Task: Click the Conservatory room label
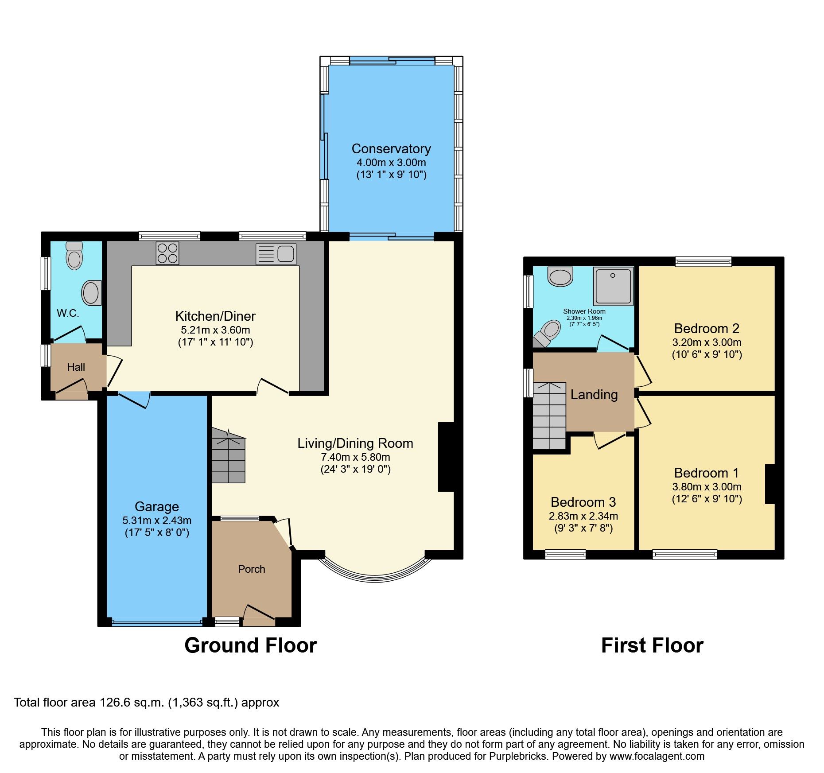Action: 391,149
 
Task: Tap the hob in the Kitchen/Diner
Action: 167,253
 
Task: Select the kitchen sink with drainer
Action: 276,254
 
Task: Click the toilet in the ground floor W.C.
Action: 74,256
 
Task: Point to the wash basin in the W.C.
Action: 92,293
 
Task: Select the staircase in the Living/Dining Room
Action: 228,456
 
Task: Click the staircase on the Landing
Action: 549,416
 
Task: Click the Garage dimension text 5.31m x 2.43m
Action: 157,521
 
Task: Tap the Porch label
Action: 252,569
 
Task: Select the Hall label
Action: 76,367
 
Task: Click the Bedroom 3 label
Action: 583,502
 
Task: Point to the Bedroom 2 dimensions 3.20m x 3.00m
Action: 707,342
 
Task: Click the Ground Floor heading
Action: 251,645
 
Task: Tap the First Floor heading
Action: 652,645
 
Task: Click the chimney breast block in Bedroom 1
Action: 770,484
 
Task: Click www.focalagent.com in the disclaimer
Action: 657,756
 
